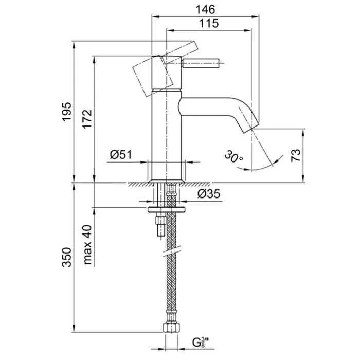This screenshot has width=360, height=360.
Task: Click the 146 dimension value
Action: (205, 8)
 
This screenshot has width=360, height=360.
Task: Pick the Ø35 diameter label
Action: (208, 194)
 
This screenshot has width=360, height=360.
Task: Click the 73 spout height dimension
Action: (295, 156)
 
